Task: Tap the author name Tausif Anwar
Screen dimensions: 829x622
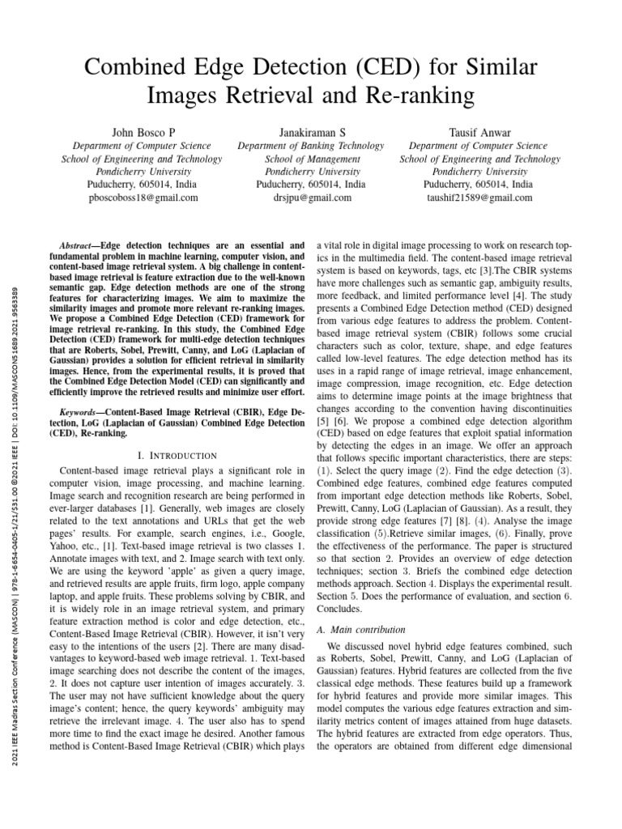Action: [479, 132]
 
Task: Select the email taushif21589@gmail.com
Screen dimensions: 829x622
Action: [479, 197]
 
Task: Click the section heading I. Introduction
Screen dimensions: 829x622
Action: [177, 456]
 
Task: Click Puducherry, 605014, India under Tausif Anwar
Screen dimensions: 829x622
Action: [479, 184]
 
